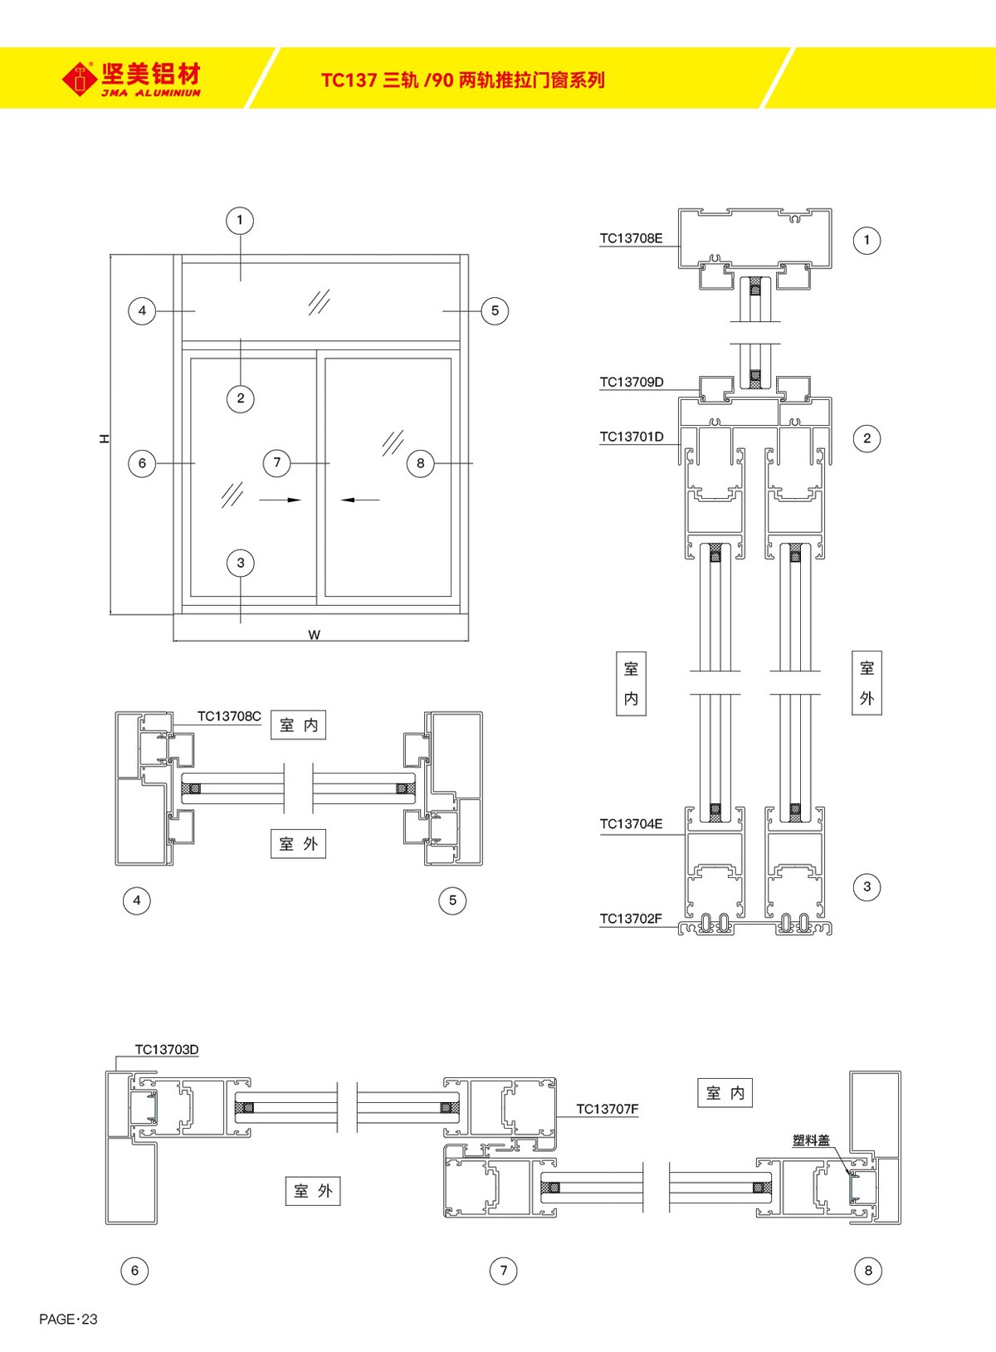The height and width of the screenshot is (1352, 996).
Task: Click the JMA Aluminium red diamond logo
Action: pos(80,80)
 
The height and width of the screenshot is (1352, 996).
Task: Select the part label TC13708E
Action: pos(631,238)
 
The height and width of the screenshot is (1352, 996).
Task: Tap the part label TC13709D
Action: pos(632,382)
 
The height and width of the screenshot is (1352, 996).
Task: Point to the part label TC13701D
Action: pos(632,437)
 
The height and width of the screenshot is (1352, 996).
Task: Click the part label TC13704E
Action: pos(631,823)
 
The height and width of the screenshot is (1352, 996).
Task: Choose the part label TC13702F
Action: pos(631,919)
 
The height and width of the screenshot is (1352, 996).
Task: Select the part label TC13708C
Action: pos(229,716)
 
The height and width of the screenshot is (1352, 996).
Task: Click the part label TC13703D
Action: pos(167,1049)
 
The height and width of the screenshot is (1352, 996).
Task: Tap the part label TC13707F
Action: pos(608,1109)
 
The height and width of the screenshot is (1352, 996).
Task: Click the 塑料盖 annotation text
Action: pos(811,1140)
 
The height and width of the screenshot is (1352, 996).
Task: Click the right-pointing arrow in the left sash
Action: pos(280,500)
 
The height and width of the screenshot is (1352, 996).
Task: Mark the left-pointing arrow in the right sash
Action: pos(360,500)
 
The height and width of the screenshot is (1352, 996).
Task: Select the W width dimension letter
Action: pos(314,635)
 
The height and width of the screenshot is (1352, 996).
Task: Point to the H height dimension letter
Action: pos(105,438)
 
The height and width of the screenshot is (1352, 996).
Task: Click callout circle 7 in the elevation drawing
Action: pos(277,462)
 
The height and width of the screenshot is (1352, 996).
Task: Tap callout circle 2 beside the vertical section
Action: pos(867,438)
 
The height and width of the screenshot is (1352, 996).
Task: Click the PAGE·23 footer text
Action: pos(68,1319)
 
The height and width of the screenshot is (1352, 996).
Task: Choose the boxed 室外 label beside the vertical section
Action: pos(867,683)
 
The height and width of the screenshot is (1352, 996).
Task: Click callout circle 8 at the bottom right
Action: pos(868,1270)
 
